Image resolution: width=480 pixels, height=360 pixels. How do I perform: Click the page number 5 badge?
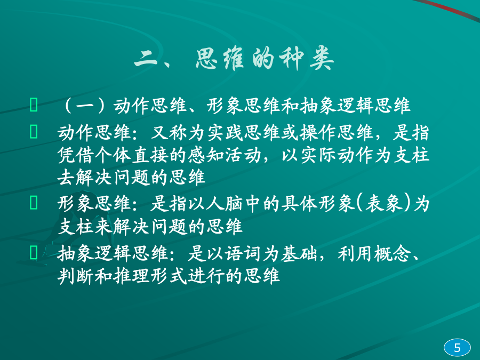pos(457,348)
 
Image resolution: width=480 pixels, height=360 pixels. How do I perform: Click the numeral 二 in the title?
pos(146,58)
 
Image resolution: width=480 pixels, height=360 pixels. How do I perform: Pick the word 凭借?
pos(76,155)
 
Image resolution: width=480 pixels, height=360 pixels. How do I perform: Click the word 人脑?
pos(225,204)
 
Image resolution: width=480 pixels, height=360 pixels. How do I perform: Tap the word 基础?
pos(300,254)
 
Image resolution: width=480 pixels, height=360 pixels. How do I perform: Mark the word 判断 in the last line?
pos(76,276)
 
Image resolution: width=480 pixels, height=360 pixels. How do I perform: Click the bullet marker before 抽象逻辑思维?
pos(34,253)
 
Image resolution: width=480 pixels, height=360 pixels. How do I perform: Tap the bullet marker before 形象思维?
pos(34,203)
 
